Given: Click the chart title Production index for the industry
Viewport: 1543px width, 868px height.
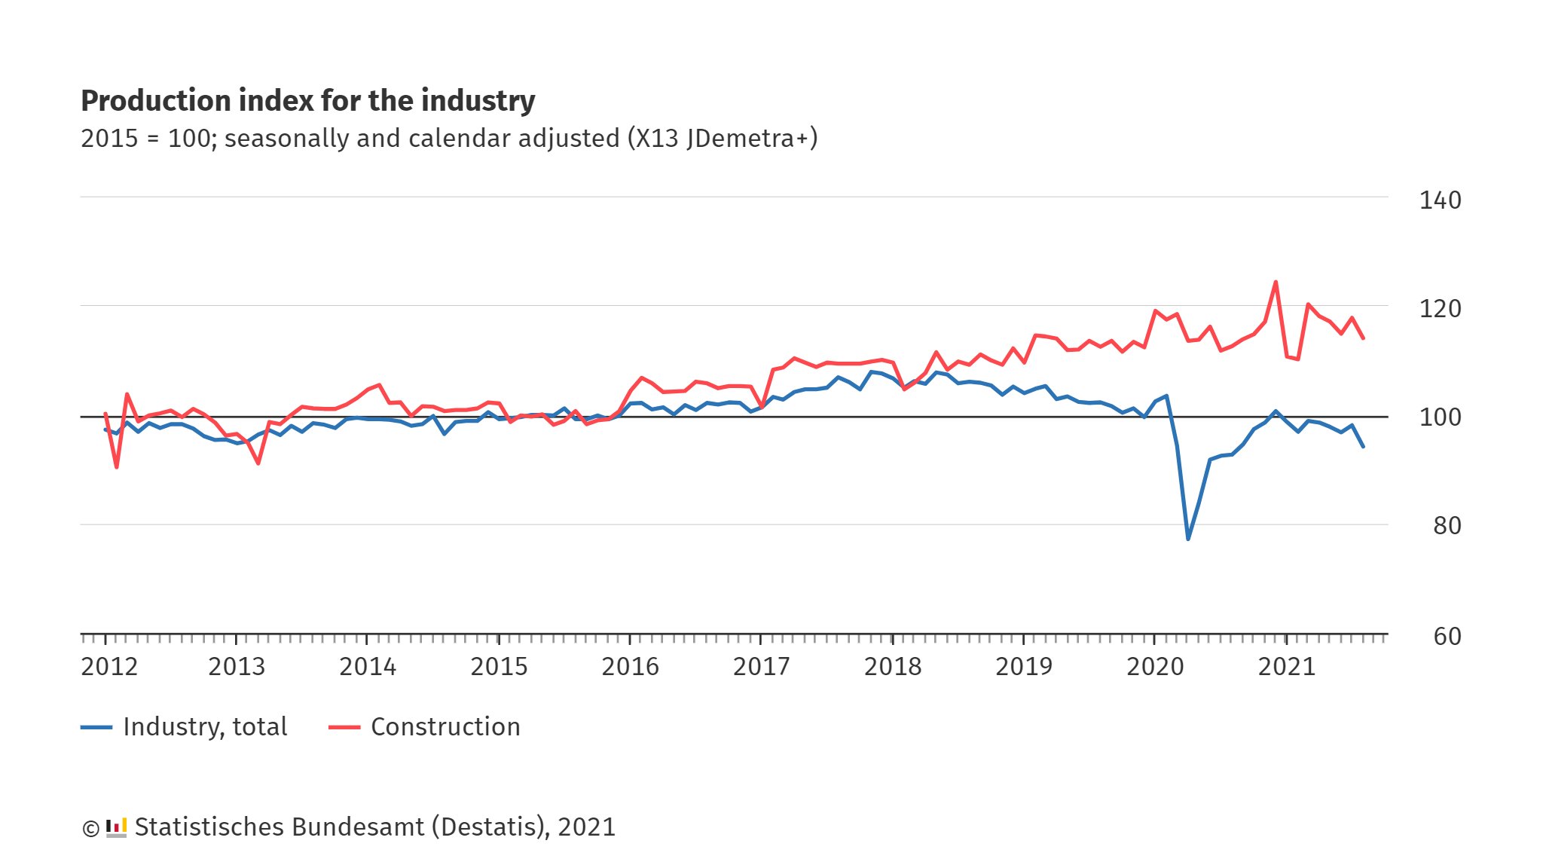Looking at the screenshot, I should (x=307, y=101).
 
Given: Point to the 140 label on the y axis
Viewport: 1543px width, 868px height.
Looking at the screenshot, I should (x=1440, y=200).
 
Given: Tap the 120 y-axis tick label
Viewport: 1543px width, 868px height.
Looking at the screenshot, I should (x=1440, y=309).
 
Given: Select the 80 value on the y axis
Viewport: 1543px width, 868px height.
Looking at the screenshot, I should (x=1447, y=526).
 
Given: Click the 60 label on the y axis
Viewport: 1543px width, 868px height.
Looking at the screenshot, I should (x=1447, y=637).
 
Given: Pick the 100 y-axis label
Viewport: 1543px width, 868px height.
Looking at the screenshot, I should (x=1440, y=417).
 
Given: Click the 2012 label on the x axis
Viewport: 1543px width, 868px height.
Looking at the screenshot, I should (x=109, y=667).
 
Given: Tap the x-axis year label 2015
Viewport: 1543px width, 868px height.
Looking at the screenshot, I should (x=499, y=667).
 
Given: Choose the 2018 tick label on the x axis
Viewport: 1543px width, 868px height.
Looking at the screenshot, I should (x=892, y=667).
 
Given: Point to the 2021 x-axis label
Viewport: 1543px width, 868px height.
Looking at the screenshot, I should (x=1286, y=667).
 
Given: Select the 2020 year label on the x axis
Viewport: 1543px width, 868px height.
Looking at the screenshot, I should (x=1155, y=667).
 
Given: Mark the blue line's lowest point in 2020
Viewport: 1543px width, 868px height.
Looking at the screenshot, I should (x=1188, y=539).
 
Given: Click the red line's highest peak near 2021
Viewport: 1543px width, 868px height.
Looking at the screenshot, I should (x=1276, y=283).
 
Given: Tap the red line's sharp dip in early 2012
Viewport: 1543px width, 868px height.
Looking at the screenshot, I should (x=117, y=467).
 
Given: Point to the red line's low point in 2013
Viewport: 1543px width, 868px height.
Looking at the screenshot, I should (x=258, y=463).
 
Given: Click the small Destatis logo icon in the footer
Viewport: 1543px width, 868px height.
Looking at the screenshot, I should (x=116, y=827).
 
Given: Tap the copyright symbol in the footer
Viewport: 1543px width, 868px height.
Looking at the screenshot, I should (x=90, y=829).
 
